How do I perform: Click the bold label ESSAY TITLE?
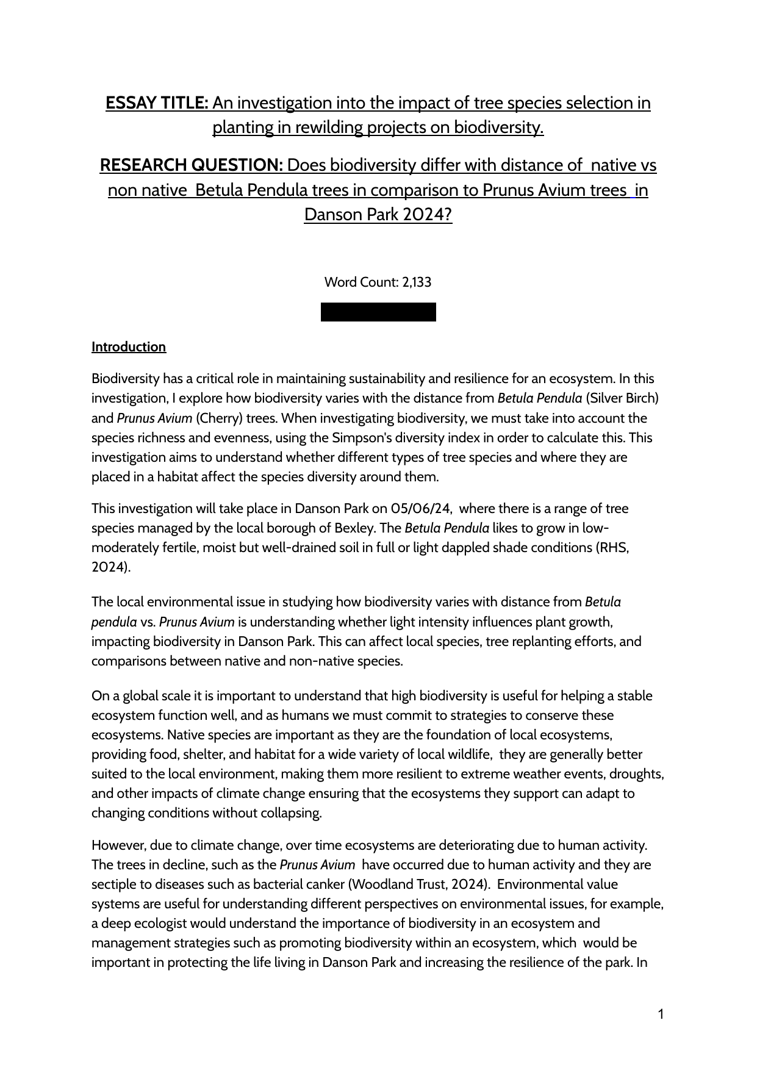point(157,103)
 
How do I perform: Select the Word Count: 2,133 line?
point(378,282)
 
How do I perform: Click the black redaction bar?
point(378,312)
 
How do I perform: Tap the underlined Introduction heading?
point(129,347)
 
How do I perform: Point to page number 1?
point(661,1014)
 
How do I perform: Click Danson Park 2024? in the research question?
point(378,215)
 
